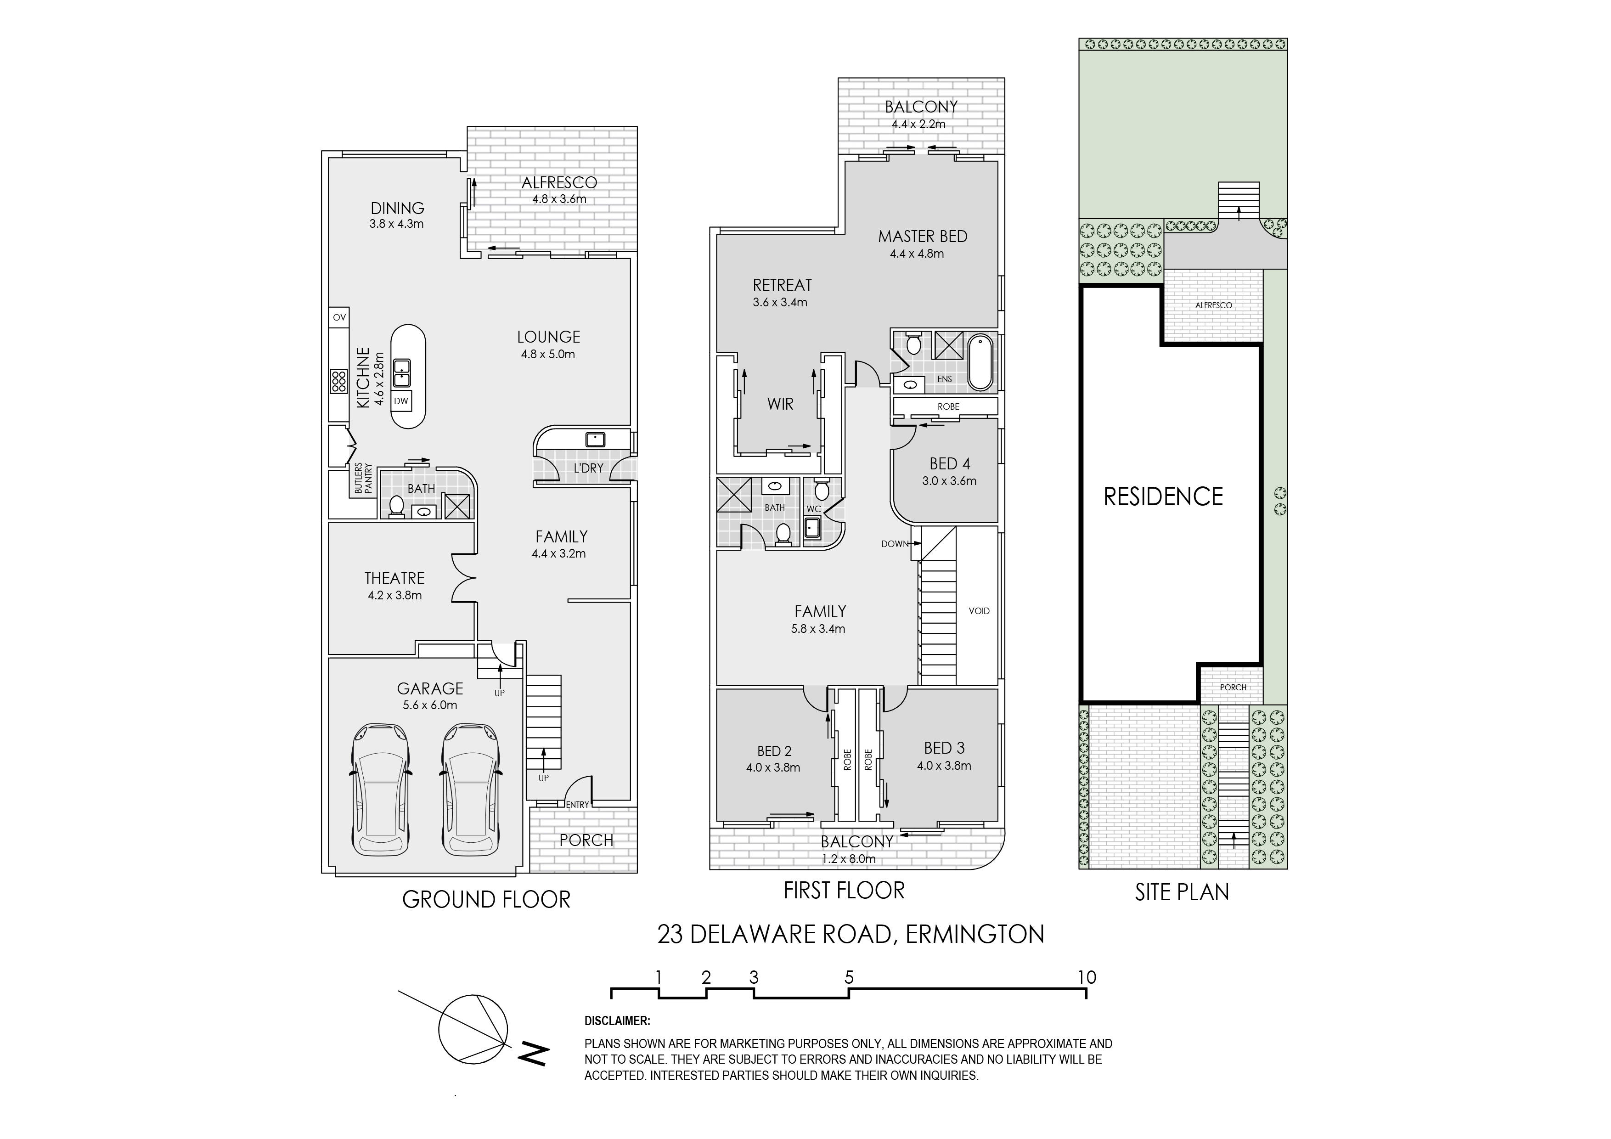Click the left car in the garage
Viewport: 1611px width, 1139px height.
pos(382,790)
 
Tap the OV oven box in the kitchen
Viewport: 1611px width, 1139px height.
pos(339,317)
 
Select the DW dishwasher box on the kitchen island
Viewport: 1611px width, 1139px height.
pos(400,401)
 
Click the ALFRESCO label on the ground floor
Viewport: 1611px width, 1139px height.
pos(559,182)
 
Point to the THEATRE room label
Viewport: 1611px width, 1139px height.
pos(394,578)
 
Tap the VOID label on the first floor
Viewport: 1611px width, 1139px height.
pos(979,610)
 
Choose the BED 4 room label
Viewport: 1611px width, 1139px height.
pos(949,464)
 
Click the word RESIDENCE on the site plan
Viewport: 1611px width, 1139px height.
pos(1163,497)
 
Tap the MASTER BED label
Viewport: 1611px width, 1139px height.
pos(923,237)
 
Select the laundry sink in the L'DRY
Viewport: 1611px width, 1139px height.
pos(595,440)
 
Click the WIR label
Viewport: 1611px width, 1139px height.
pos(780,404)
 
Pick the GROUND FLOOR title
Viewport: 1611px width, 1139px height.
pos(486,900)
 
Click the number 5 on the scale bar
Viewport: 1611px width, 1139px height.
pos(849,977)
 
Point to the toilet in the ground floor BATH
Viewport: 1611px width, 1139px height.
pos(396,507)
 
